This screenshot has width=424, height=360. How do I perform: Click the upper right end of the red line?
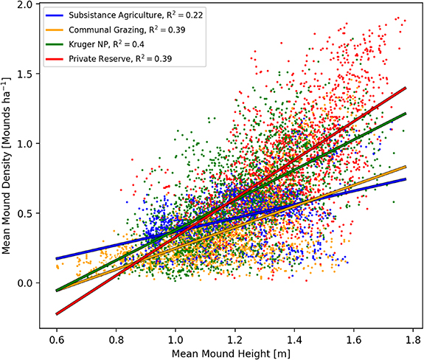coord(406,87)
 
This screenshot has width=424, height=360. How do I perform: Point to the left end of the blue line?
coord(57,259)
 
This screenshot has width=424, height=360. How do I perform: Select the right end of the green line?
coord(406,113)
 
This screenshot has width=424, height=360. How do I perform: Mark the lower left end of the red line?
coord(57,314)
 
